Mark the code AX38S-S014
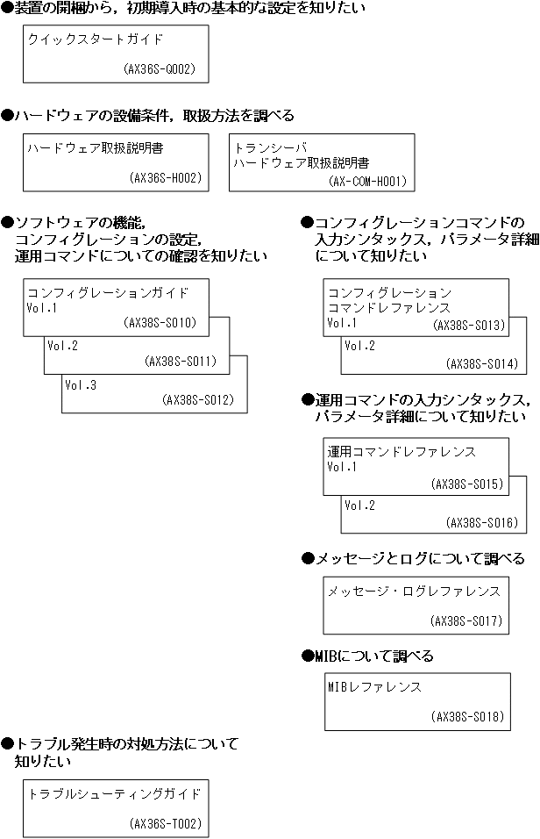pyautogui.click(x=482, y=363)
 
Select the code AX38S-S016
pyautogui.click(x=482, y=521)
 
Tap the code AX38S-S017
pyautogui.click(x=466, y=620)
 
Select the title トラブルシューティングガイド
pyautogui.click(x=115, y=794)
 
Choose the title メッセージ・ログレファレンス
pyautogui.click(x=414, y=591)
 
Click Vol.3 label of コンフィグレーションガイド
pyautogui.click(x=81, y=384)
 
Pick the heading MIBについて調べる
pyautogui.click(x=373, y=656)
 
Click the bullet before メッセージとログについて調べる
pyautogui.click(x=307, y=559)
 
